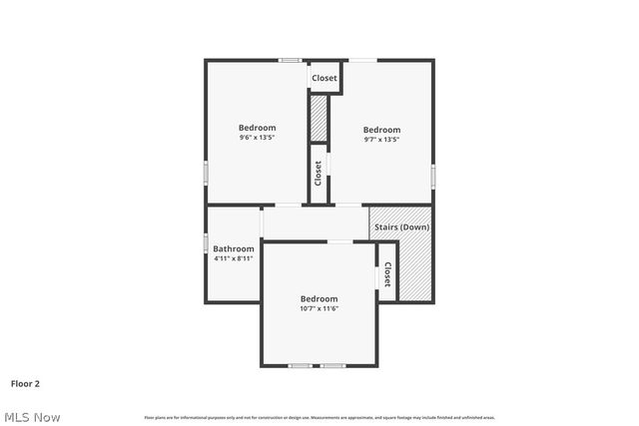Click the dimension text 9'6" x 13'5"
click(x=257, y=138)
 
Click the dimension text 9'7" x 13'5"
click(x=381, y=140)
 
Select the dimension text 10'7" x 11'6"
click(x=319, y=308)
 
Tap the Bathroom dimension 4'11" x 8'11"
click(x=234, y=258)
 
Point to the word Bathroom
click(x=234, y=248)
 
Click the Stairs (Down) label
click(x=401, y=227)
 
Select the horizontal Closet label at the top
click(x=324, y=78)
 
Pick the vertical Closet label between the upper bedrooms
click(x=319, y=174)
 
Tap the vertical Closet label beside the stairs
click(x=387, y=274)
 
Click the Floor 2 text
click(x=25, y=382)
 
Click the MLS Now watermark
click(x=32, y=417)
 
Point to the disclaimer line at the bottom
click(x=319, y=417)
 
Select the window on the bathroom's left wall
click(x=207, y=242)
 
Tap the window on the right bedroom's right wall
click(x=433, y=175)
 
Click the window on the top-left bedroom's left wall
click(x=207, y=173)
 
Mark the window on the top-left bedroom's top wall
click(x=291, y=60)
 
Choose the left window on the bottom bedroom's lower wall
click(x=300, y=365)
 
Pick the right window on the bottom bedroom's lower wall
click(x=332, y=365)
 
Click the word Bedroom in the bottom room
click(x=319, y=298)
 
